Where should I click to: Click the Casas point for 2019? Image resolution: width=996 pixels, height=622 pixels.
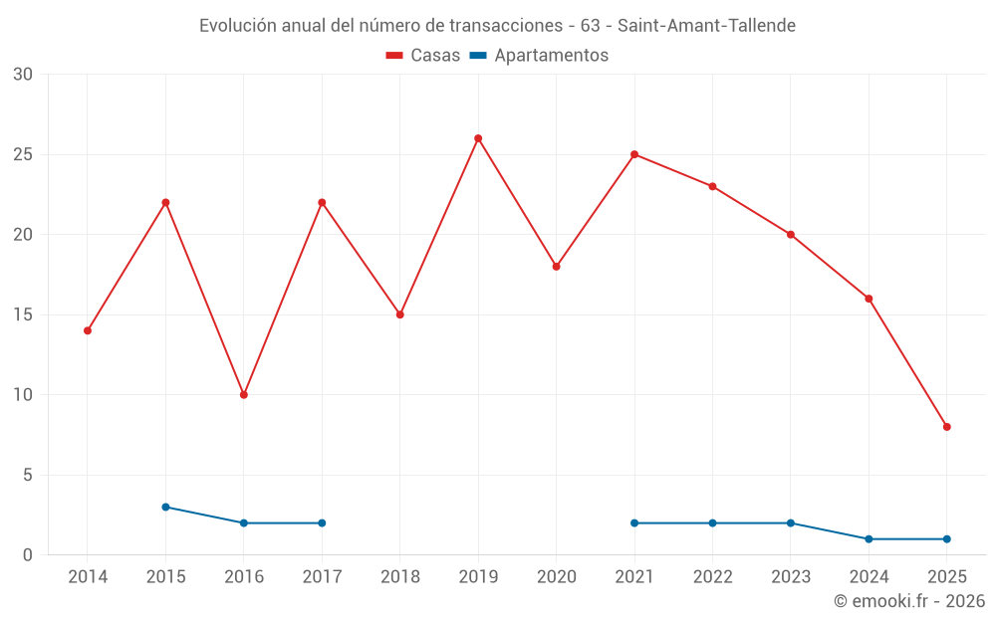click(x=478, y=138)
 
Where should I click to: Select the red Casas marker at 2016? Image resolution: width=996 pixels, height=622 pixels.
click(x=244, y=395)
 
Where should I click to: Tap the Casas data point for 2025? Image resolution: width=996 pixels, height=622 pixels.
click(x=947, y=427)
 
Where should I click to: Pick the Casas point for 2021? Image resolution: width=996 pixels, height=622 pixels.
click(x=634, y=154)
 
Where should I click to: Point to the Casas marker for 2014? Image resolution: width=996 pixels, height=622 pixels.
click(x=88, y=330)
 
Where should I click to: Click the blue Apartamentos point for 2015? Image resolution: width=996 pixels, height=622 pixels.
click(x=165, y=507)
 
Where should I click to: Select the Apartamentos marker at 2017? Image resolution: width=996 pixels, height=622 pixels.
click(x=322, y=523)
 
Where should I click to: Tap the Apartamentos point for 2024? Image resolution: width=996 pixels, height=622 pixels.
click(x=869, y=539)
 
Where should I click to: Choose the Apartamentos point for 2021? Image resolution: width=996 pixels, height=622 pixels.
click(x=634, y=523)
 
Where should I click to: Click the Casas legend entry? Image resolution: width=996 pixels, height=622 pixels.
click(x=423, y=56)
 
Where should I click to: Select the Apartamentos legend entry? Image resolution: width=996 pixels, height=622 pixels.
click(x=539, y=56)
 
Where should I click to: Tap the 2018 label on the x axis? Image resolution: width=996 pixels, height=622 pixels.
click(x=400, y=577)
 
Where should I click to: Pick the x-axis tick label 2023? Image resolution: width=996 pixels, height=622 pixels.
click(x=791, y=577)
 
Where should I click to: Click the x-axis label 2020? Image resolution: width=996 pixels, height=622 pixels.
click(x=557, y=577)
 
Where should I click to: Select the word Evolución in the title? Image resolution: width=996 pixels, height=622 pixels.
click(x=238, y=26)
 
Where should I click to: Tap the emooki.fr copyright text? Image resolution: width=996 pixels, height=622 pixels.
click(x=909, y=601)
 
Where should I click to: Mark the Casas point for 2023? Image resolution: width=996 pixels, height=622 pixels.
click(x=791, y=235)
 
